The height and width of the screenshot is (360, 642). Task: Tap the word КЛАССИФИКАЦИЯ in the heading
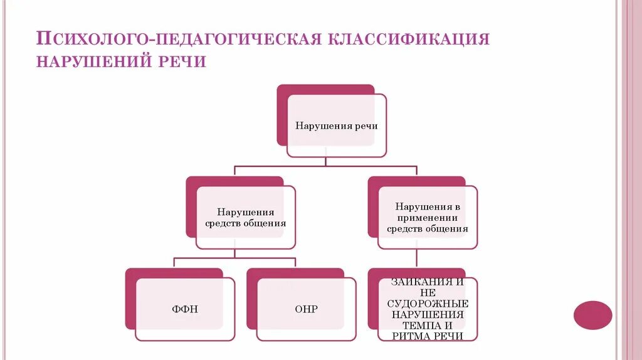click(406, 39)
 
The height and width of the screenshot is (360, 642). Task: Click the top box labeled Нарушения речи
click(337, 125)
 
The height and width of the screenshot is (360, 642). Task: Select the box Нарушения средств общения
click(245, 218)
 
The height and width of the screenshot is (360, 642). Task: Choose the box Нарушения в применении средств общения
click(427, 217)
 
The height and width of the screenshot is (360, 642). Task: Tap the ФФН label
click(185, 309)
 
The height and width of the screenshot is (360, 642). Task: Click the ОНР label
click(306, 309)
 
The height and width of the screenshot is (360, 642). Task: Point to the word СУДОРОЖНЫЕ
click(427, 304)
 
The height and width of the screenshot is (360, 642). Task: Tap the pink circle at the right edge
click(592, 315)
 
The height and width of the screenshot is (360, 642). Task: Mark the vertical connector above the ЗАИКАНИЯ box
click(416, 258)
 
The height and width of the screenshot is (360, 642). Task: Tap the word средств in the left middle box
click(223, 223)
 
